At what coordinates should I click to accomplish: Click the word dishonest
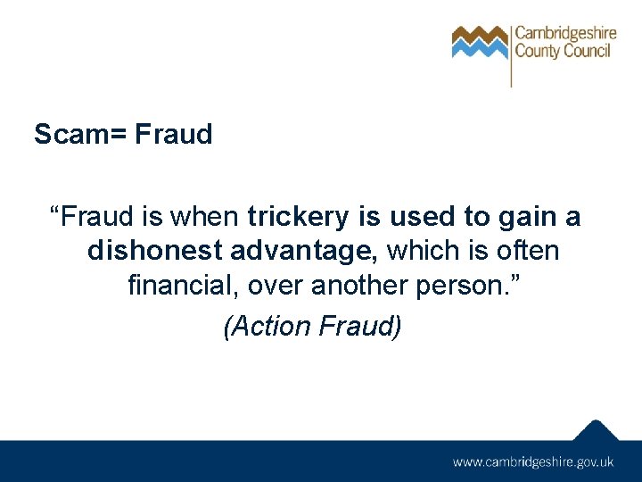tap(151, 252)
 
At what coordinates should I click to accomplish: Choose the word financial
tap(182, 287)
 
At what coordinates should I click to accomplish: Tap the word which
tap(422, 252)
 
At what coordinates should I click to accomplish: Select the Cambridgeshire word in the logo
tap(565, 34)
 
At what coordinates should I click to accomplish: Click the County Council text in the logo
tap(562, 51)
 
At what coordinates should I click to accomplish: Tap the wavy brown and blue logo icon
tap(480, 42)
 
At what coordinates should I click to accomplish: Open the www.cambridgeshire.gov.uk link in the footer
tap(532, 462)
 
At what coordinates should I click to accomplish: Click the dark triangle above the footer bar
tap(595, 430)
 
